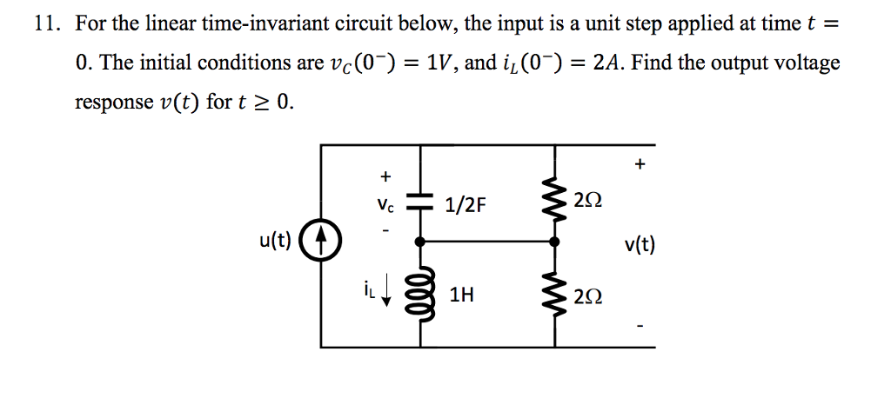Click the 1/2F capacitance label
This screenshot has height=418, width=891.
[x=466, y=205]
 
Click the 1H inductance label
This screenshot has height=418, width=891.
[x=462, y=295]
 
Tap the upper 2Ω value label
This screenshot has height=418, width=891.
[x=587, y=202]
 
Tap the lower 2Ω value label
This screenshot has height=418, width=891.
[x=587, y=298]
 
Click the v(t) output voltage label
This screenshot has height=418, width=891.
[x=640, y=245]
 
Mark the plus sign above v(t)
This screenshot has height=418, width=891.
[x=640, y=163]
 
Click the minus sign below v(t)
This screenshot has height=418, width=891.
[x=640, y=328]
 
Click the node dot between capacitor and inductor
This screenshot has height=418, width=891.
[x=421, y=242]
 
